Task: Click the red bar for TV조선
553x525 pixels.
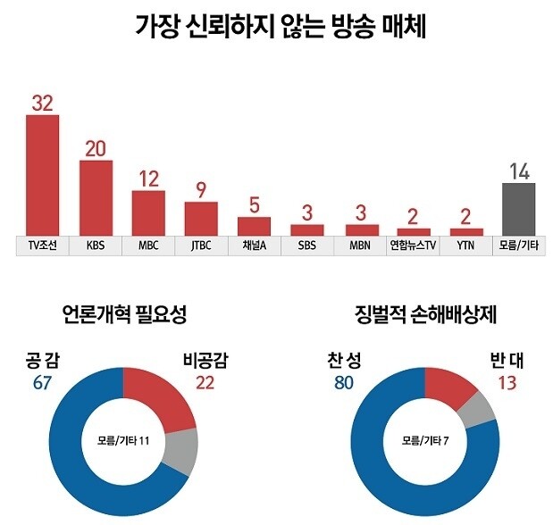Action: click(x=42, y=175)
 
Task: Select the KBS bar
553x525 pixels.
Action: click(x=96, y=197)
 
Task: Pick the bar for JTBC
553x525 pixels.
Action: click(x=201, y=218)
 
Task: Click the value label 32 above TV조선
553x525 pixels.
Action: click(x=42, y=103)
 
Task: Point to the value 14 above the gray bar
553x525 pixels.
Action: click(x=518, y=171)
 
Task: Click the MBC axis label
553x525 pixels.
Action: click(x=148, y=244)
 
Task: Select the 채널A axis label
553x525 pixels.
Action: click(x=254, y=244)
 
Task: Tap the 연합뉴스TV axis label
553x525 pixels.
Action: click(x=412, y=244)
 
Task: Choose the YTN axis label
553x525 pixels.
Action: click(x=465, y=244)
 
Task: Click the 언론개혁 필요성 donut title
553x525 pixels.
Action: click(x=124, y=314)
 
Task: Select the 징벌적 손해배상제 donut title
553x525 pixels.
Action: click(x=425, y=314)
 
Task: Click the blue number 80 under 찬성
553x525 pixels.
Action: click(x=343, y=383)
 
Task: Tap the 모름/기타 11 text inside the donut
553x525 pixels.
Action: click(x=124, y=439)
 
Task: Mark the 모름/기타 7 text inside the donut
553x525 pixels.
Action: click(x=425, y=439)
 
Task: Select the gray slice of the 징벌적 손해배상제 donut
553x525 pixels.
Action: click(x=479, y=406)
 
